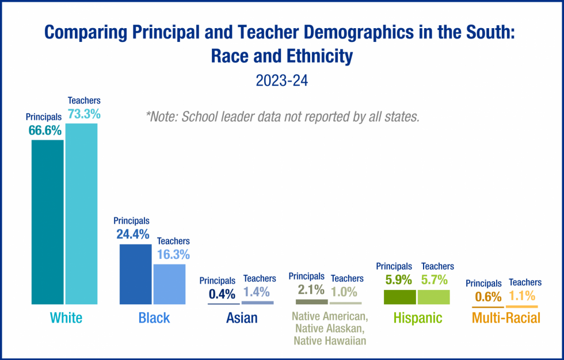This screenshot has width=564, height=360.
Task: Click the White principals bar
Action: pyautogui.click(x=47, y=221)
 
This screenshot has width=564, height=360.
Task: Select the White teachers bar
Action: pyautogui.click(x=81, y=213)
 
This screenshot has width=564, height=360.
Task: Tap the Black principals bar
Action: pyautogui.click(x=135, y=274)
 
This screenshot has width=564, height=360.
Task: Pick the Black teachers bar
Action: pyautogui.click(x=169, y=284)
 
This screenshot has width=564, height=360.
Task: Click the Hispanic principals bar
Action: pyautogui.click(x=399, y=297)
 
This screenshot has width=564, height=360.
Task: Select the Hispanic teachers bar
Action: pyautogui.click(x=433, y=297)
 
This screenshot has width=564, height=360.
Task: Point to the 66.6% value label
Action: pyautogui.click(x=45, y=131)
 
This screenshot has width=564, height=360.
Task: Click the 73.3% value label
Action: pyautogui.click(x=84, y=114)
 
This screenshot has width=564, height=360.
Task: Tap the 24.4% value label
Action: pyautogui.click(x=132, y=234)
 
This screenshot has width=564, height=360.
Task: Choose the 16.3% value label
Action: pyautogui.click(x=173, y=254)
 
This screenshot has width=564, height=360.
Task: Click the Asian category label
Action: pyautogui.click(x=242, y=318)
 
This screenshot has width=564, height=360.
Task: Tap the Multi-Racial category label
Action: pyautogui.click(x=506, y=318)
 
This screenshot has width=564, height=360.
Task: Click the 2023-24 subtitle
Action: pyautogui.click(x=282, y=81)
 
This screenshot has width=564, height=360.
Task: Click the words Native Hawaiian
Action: pyautogui.click(x=329, y=340)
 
